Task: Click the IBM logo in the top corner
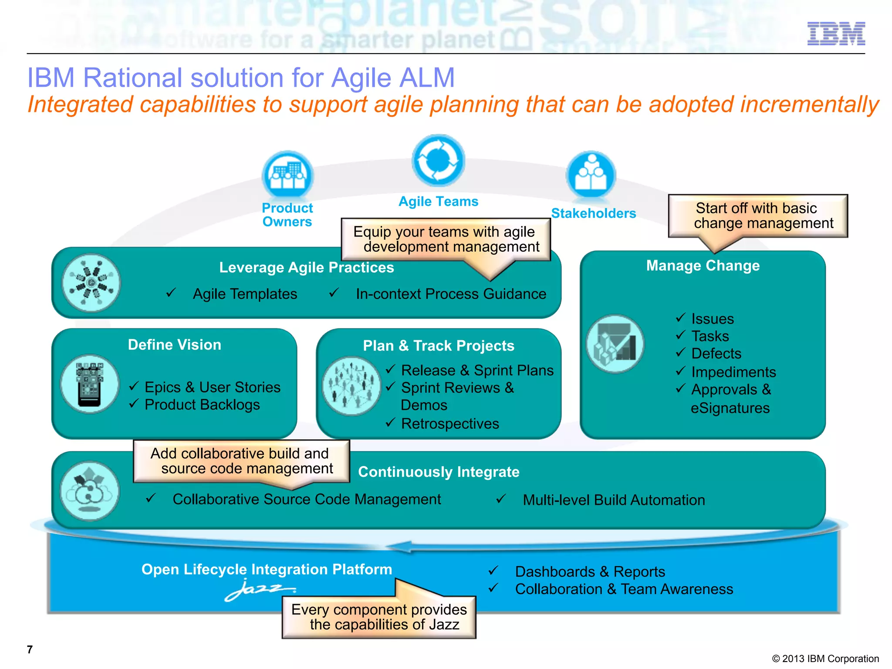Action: click(836, 34)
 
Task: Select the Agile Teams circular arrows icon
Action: click(438, 161)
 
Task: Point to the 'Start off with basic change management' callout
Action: click(758, 216)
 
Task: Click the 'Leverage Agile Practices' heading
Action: click(306, 267)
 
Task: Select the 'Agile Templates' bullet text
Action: click(245, 294)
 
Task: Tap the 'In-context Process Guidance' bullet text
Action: click(451, 294)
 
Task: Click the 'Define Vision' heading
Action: click(174, 345)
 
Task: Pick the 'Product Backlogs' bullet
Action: click(202, 405)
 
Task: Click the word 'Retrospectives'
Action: click(450, 423)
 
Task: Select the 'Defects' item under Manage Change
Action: click(716, 353)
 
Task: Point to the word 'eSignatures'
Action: click(730, 408)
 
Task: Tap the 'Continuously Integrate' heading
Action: click(439, 472)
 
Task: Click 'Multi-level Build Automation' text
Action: click(614, 500)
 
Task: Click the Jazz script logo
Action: click(260, 590)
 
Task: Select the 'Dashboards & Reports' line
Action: click(590, 571)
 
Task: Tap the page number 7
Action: click(30, 649)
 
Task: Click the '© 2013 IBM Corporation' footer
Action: click(825, 659)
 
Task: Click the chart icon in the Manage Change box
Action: click(615, 344)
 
